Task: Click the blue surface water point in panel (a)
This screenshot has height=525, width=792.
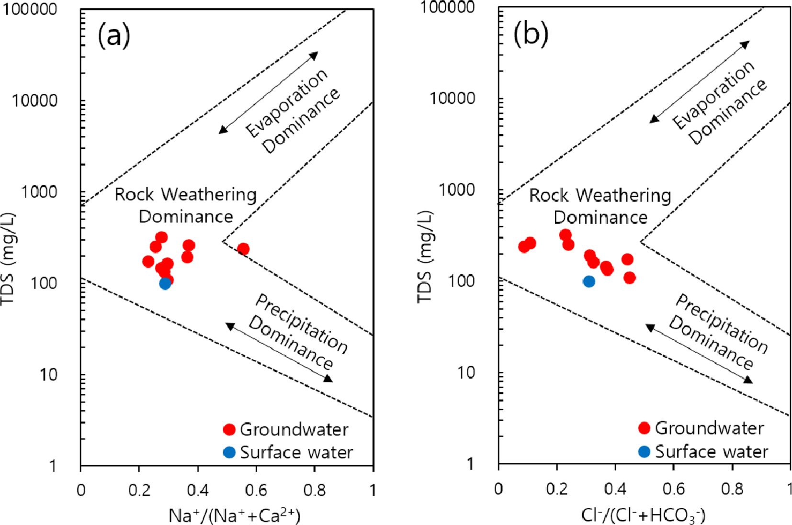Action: [x=165, y=283]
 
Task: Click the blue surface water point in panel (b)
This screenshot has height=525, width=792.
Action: [x=589, y=281]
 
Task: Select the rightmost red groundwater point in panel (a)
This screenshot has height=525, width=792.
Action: [x=243, y=249]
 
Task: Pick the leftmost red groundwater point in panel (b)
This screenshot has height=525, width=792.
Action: [x=524, y=247]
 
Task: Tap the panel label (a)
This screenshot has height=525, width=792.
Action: [x=114, y=36]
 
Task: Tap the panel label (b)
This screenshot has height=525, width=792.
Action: [x=531, y=34]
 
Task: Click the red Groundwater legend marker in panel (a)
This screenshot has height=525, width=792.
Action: [x=230, y=429]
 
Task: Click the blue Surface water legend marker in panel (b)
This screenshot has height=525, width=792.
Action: [x=645, y=451]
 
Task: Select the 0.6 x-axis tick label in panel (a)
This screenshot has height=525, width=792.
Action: [x=256, y=490]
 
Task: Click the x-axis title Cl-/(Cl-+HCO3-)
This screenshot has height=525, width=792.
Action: [x=643, y=515]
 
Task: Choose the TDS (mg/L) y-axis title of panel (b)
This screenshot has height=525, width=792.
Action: [x=425, y=257]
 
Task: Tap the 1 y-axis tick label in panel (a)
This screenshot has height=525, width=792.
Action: [x=53, y=466]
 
